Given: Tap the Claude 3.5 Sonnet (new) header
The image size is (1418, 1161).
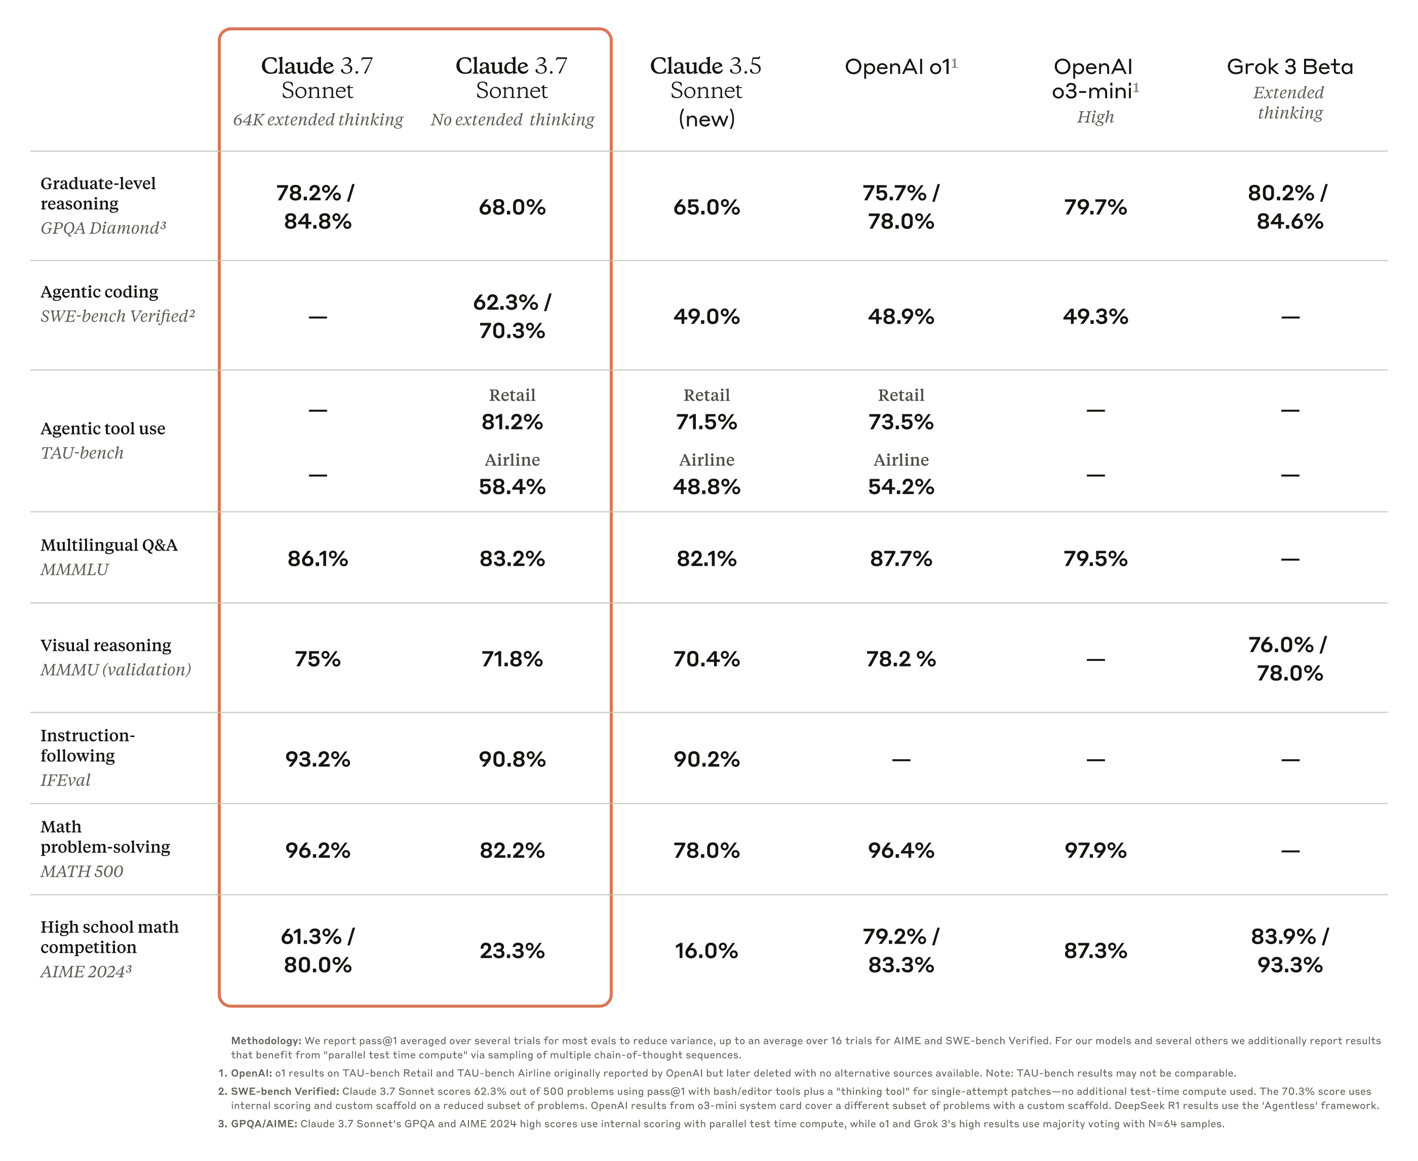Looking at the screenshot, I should click(x=706, y=92).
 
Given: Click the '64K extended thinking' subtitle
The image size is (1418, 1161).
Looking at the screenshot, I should click(x=318, y=120).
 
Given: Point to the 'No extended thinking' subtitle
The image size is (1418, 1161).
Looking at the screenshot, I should click(x=512, y=120).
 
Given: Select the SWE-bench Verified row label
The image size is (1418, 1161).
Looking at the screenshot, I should click(x=117, y=316).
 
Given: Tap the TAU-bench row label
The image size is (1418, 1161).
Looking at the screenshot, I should click(x=82, y=453).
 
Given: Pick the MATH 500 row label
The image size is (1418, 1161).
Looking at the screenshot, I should click(x=82, y=871).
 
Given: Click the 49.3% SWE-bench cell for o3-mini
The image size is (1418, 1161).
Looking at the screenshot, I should click(x=1095, y=316).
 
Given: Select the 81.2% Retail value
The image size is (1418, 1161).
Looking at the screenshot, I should click(x=512, y=422).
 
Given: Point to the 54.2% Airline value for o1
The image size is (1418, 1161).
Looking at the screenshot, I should click(x=900, y=487).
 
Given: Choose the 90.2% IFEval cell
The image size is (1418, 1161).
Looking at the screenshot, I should click(x=706, y=760).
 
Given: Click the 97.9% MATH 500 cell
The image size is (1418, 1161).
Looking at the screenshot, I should click(x=1095, y=850).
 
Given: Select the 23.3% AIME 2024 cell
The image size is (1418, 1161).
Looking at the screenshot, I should click(x=512, y=951).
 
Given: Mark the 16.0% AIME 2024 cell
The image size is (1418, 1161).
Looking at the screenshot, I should click(x=706, y=951).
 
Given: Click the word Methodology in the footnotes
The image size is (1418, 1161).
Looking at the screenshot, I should click(x=265, y=1040).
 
